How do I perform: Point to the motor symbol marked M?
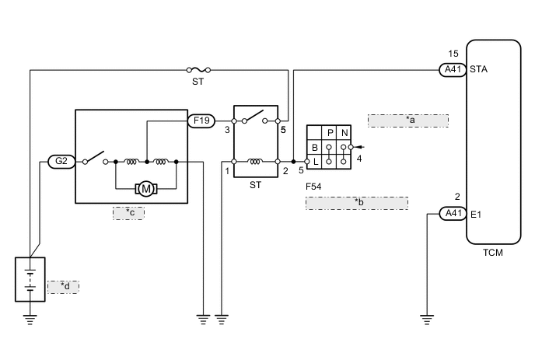145,188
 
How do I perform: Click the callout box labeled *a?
408,120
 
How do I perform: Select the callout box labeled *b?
357,202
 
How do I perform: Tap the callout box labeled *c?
128,212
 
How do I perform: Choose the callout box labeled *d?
64,287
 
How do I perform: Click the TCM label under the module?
493,253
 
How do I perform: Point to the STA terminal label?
479,70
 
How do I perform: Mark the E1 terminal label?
477,213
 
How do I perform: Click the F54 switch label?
315,185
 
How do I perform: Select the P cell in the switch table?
330,132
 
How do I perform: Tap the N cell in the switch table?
344,132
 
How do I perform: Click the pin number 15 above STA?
454,54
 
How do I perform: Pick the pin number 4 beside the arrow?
358,159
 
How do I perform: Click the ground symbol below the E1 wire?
426,317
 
